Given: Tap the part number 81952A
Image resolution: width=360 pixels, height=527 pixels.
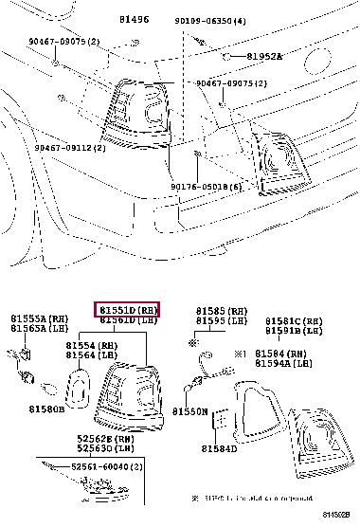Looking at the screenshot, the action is [x=264, y=57].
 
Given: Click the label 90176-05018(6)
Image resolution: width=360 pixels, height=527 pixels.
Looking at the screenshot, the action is [x=207, y=187].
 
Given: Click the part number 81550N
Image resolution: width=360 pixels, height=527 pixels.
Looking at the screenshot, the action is [x=189, y=411].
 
